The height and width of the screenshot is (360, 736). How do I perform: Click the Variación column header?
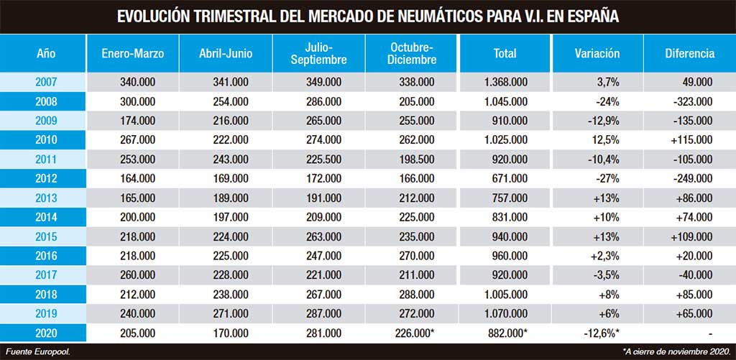[597, 53]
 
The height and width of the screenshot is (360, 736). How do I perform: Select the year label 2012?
[46, 178]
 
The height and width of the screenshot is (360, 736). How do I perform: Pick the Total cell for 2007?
[505, 82]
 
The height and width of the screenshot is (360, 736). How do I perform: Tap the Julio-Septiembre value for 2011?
[323, 159]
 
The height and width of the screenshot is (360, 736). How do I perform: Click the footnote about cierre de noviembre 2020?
[676, 351]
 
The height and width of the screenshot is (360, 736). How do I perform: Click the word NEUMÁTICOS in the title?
[432, 17]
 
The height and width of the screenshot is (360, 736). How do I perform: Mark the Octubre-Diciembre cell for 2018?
[415, 295]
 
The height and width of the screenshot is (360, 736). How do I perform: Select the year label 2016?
[46, 256]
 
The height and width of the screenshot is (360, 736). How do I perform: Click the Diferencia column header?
[689, 53]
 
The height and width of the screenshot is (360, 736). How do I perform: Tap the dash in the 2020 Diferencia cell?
[711, 333]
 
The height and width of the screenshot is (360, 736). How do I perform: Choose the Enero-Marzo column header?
[133, 53]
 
